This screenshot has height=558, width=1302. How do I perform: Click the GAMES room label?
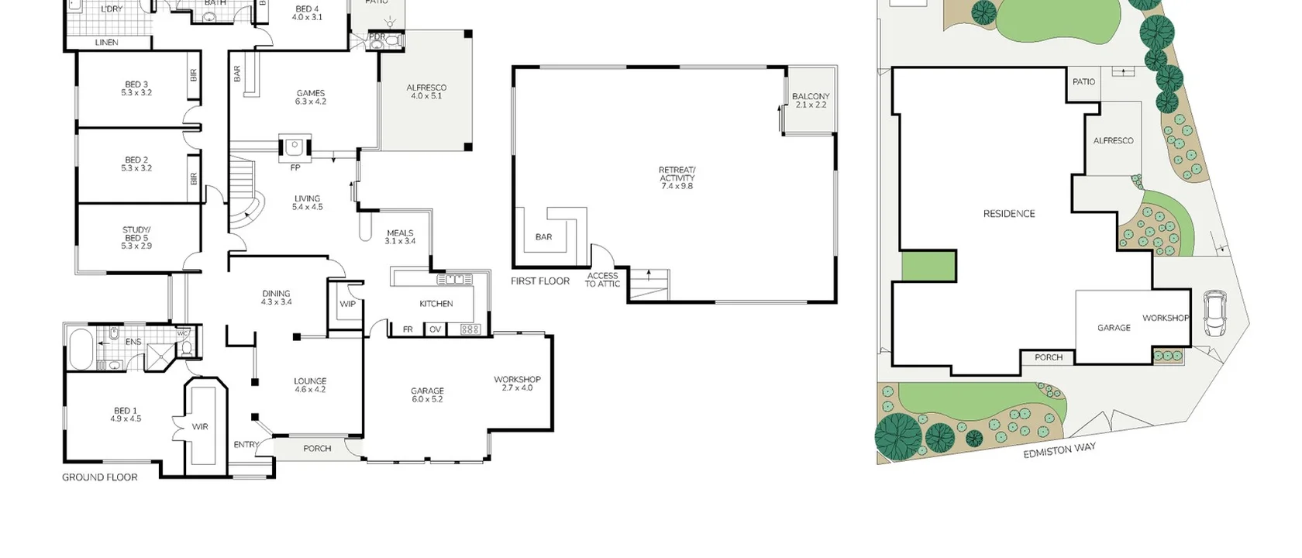coord(311,97)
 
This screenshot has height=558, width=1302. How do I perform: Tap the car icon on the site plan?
coord(1214,313)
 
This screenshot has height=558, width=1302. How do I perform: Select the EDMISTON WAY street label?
coord(1059,450)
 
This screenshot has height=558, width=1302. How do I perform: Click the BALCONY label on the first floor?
coord(811,100)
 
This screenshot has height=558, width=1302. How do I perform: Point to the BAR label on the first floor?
coord(544,237)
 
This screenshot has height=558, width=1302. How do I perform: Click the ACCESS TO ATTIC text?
coord(602,280)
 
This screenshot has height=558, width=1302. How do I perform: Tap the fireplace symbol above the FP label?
coord(294,146)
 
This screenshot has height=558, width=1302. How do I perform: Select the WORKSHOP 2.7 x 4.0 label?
coord(517,383)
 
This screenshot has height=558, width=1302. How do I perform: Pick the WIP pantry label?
coord(347,304)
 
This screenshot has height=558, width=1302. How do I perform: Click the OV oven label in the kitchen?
coord(435,329)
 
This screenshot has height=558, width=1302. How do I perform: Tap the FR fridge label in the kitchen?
coord(408,329)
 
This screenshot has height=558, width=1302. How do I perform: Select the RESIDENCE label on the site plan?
coord(1008,214)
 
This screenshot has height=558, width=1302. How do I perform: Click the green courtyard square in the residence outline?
coord(928,266)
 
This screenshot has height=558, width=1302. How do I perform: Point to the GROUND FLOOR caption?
coord(100,477)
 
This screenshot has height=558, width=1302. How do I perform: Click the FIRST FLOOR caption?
coord(540,281)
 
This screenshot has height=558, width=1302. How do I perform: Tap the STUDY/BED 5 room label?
coord(136,237)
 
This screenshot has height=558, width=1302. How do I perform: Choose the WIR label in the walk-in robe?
coord(200,427)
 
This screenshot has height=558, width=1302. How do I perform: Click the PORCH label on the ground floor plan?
coord(317,449)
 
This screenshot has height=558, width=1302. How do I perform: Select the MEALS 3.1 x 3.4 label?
coord(400,236)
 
